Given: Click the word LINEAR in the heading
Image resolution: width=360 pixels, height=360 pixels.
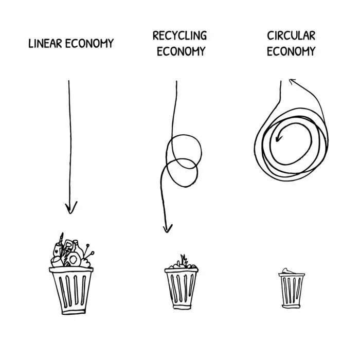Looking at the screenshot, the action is coord(45,43).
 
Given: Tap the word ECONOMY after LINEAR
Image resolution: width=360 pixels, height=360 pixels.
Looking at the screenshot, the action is coord(89,43).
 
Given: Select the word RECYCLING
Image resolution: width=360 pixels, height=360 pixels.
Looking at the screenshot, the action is coord(180,35).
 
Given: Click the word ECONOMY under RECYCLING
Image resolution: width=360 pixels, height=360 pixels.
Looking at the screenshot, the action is coord(181,51).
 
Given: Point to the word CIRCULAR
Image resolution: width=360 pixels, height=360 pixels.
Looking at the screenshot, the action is coord(291,35).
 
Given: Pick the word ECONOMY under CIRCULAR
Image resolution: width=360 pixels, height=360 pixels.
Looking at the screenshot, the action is coord(291,51).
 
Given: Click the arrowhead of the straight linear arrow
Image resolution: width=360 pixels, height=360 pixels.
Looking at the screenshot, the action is coord(71,208).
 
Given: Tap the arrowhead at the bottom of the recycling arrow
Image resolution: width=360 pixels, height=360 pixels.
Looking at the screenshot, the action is coord(168,229).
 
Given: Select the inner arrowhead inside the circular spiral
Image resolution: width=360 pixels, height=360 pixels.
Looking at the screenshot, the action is coord(279,138).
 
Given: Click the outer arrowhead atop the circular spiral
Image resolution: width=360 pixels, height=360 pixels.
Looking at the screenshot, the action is coord(292,81).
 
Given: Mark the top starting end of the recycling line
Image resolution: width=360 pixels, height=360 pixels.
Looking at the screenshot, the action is coord(176,81).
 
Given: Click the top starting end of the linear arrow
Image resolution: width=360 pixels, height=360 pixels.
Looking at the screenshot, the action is coord(68,81).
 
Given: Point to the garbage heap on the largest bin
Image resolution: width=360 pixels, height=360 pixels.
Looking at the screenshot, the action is coord(72,251).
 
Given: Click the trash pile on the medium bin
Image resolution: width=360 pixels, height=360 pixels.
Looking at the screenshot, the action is coord(183,263).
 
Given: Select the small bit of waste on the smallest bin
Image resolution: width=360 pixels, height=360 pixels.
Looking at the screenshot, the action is coord(287,271).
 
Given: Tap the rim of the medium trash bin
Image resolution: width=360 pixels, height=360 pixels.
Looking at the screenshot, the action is coord(182,270).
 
